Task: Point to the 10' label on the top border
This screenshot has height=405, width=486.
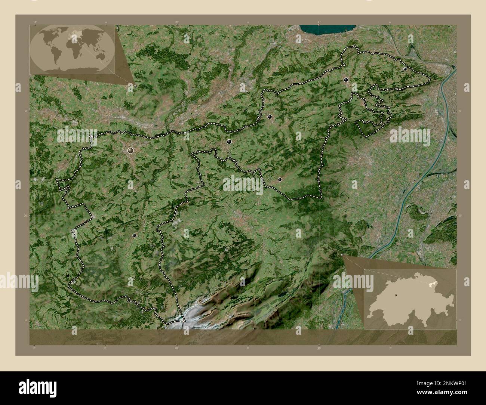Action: (x=35, y=22)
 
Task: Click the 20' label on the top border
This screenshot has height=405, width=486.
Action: (x=176, y=22)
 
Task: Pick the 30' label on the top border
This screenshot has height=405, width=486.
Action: (x=319, y=22)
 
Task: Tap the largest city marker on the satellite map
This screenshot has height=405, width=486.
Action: (x=130, y=151)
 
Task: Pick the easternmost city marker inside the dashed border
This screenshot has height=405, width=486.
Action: (x=405, y=69)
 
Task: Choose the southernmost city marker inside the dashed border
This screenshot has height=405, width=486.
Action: (x=134, y=235)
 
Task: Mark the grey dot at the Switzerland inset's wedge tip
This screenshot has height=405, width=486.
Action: (x=342, y=255)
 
